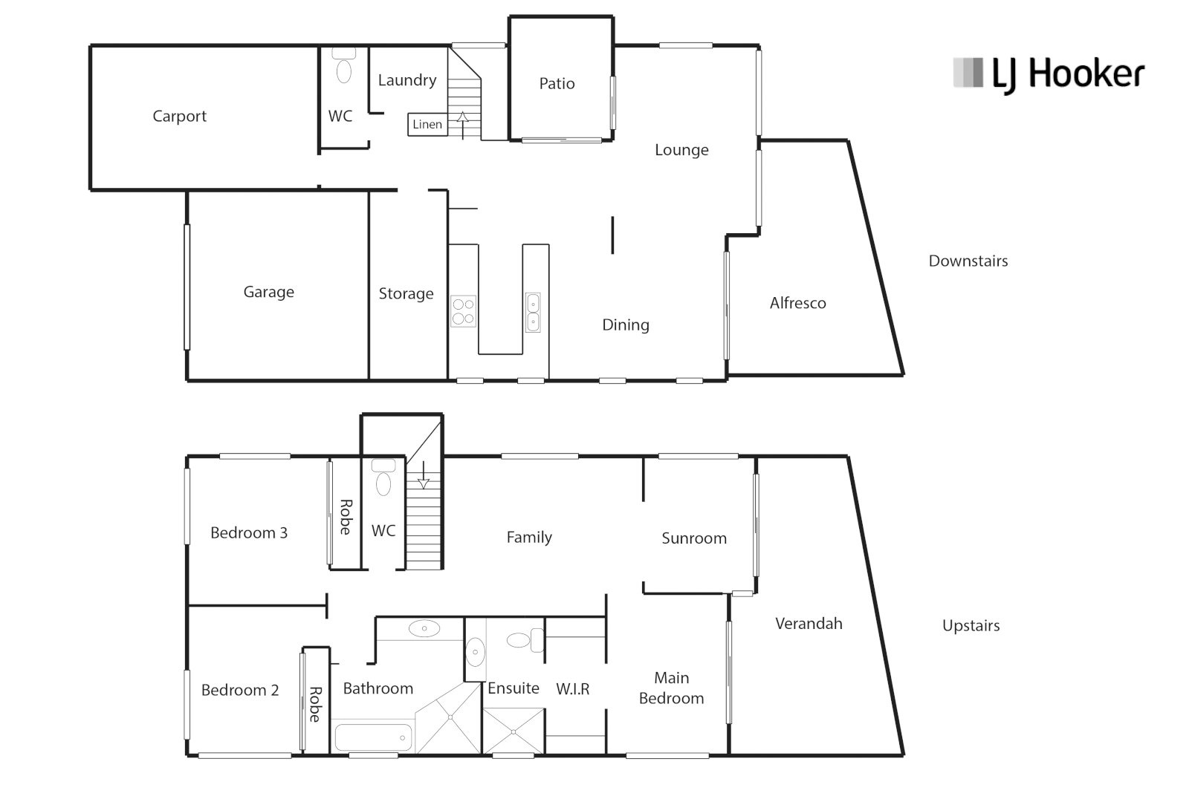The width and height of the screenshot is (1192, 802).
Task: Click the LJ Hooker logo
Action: [1049, 75]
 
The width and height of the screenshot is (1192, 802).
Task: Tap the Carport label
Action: [179, 117]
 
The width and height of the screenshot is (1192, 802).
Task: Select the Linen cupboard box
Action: [427, 125]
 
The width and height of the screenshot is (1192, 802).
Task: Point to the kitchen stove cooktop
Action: [463, 311]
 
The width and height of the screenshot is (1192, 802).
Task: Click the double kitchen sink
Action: [533, 312]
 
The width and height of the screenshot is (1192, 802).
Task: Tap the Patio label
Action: [557, 84]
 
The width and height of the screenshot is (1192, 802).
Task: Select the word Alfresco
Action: [797, 303]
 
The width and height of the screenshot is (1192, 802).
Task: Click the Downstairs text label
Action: [968, 261]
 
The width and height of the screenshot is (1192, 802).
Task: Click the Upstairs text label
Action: [971, 626]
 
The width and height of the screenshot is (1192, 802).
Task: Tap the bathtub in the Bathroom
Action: [372, 738]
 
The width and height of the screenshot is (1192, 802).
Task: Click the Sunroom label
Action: [693, 538]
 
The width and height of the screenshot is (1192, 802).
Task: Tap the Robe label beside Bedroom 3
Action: [346, 517]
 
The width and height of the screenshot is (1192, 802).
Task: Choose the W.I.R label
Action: [573, 689]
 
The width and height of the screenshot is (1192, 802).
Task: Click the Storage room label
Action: [406, 294]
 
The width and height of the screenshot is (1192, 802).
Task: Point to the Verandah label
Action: [809, 624]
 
